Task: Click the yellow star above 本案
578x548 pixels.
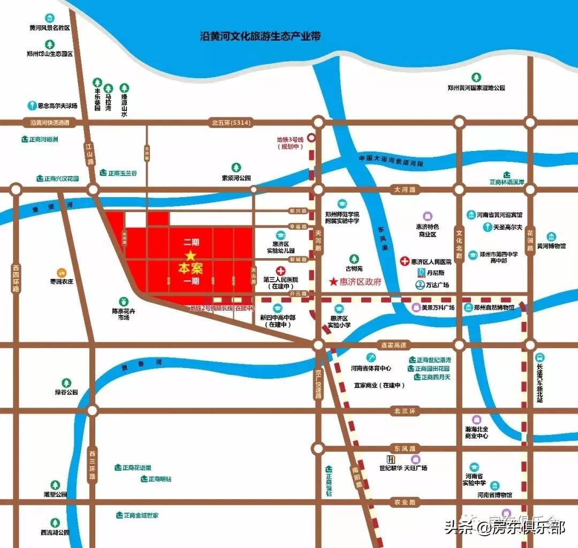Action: coord(191,256)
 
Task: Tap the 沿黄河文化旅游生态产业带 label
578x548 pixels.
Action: coord(260,36)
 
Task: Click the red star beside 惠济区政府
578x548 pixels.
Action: coord(333,282)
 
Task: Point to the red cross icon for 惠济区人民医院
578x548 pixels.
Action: coord(405,261)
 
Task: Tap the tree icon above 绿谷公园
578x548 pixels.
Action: coord(66,383)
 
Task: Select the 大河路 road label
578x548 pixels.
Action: coord(404,190)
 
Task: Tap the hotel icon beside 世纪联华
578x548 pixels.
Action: coord(391,459)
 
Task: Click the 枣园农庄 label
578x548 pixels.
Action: coord(62,281)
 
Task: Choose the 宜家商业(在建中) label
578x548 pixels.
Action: coord(379,385)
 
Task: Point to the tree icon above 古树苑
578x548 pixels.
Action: coord(353,259)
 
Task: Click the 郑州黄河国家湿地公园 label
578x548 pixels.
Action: coord(476,87)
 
